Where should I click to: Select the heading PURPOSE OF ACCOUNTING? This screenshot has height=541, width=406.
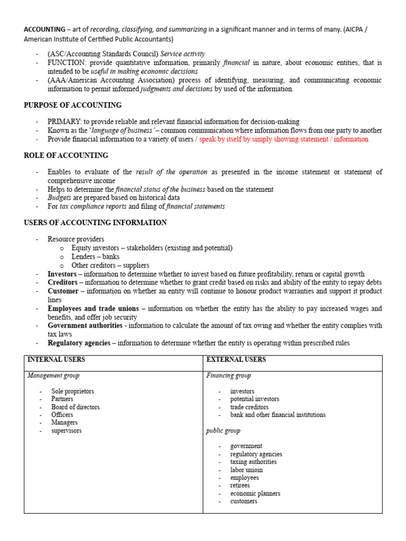click(x=72, y=105)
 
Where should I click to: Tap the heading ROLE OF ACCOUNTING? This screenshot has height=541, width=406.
click(x=66, y=155)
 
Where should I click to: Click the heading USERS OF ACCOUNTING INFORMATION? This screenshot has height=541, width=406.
click(x=95, y=222)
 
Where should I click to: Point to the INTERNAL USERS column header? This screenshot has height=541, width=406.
click(x=56, y=360)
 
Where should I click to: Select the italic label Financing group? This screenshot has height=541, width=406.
click(x=228, y=376)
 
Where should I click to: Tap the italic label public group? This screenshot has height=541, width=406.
click(x=223, y=431)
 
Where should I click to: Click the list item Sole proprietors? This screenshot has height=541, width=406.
click(x=72, y=391)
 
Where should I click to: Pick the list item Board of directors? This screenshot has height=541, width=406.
click(x=75, y=407)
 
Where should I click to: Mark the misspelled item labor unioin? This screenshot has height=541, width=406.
click(x=246, y=470)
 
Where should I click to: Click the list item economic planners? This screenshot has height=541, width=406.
click(x=255, y=493)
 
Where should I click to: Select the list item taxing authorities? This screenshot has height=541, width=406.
click(x=253, y=462)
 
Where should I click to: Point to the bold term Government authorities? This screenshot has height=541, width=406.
click(x=85, y=326)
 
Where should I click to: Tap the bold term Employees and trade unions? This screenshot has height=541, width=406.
click(x=93, y=309)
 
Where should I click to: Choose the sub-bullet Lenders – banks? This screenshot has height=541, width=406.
click(x=96, y=257)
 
